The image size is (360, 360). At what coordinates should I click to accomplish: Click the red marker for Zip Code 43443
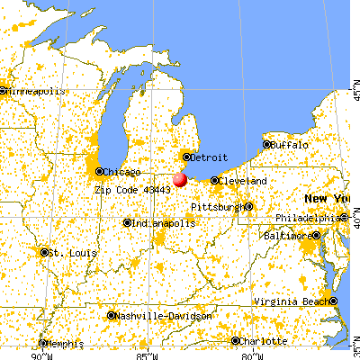tap(180, 179)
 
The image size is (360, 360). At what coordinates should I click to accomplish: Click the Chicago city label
tap(120, 171)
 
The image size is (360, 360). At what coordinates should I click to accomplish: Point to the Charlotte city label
tap(262, 341)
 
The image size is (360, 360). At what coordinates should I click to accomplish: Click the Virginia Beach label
tap(292, 301)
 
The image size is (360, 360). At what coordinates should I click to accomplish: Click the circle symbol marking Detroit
tap(186, 156)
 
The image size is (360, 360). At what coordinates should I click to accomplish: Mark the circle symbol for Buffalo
tap(266, 144)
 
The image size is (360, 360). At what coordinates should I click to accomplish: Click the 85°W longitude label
tap(144, 354)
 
